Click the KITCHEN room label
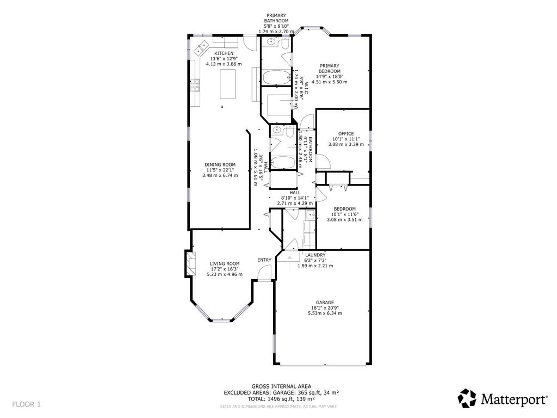pos(224,53)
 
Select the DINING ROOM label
pos(220,165)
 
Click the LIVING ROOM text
pos(225,263)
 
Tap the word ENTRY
pos(264,260)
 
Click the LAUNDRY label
pos(315,255)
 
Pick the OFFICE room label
pos(346,133)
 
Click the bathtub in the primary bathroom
pos(276,77)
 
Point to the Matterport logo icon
pos(467,398)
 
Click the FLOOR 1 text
pos(27,404)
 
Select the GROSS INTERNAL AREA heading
pos(282,386)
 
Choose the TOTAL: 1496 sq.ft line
pos(282,399)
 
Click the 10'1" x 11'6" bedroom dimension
pos(344,214)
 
